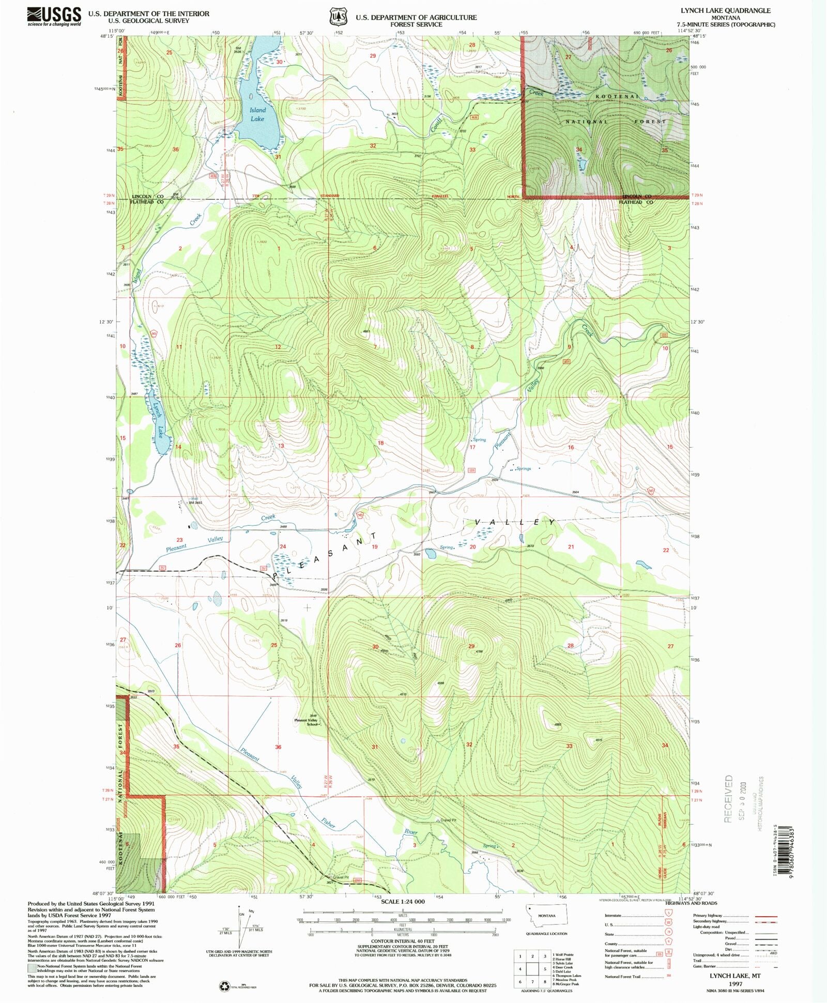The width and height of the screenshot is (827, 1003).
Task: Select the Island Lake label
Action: coord(257,114)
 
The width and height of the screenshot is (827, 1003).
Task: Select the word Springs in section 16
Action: coord(523,468)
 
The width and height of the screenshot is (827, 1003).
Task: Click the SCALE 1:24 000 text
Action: coord(402,901)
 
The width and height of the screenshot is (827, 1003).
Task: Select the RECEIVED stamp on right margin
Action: coord(729,799)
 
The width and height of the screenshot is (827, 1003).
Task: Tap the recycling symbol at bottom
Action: coord(224,986)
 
